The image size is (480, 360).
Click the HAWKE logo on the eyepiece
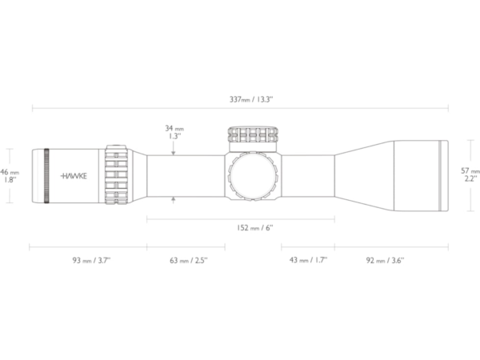74,176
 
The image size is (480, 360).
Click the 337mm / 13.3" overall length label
251,99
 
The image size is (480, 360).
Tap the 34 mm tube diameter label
174,132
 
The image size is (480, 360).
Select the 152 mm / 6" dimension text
254,228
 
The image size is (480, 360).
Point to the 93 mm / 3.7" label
91,260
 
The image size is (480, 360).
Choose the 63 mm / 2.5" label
189,260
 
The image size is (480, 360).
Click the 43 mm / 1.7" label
308,260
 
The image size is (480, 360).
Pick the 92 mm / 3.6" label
385,260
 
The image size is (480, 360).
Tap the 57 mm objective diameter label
470,174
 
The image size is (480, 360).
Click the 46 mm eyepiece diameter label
9,176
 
